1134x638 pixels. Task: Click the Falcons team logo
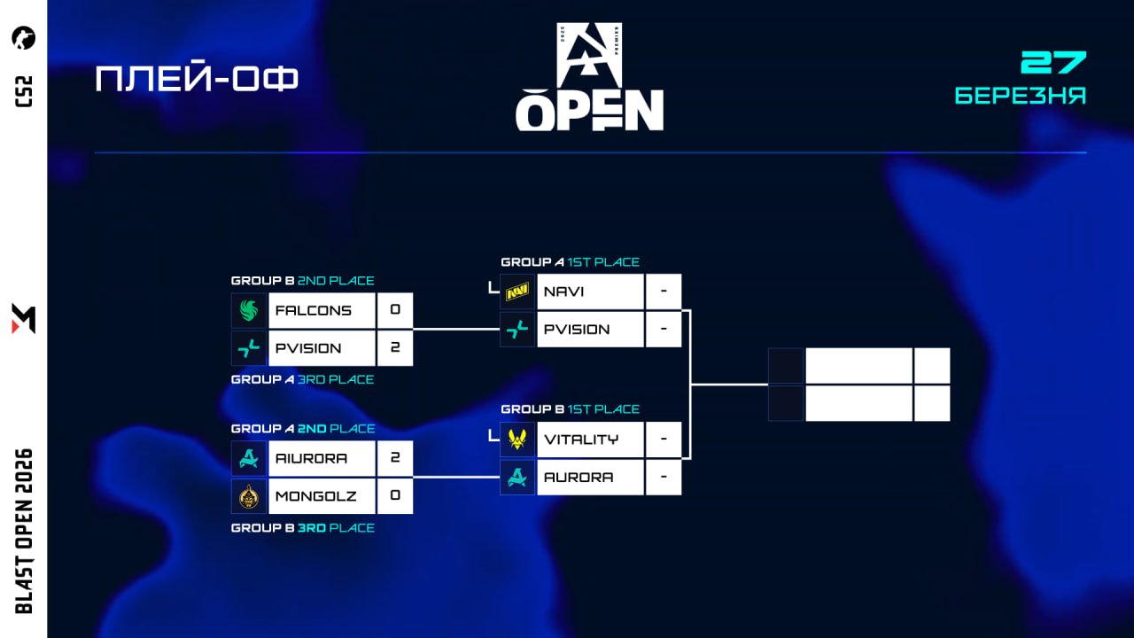click(x=249, y=311)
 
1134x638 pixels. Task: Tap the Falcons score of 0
click(x=395, y=311)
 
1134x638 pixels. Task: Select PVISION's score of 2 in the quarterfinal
click(x=395, y=348)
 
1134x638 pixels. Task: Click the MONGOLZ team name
click(x=316, y=496)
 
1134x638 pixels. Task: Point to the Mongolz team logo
click(x=249, y=496)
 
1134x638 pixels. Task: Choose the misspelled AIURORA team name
click(x=312, y=459)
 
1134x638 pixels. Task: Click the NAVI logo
click(x=517, y=292)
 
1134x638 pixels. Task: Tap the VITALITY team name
click(x=581, y=440)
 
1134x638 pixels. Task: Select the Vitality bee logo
click(x=517, y=440)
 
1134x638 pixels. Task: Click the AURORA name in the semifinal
click(x=579, y=478)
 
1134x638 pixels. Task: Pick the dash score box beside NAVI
click(x=664, y=292)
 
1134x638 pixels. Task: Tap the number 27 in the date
click(x=1053, y=63)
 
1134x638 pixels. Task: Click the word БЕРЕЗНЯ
click(x=1021, y=96)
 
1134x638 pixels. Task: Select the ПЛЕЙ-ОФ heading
click(x=197, y=79)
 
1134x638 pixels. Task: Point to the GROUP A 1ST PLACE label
click(x=570, y=262)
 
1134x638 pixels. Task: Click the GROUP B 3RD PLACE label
click(x=303, y=528)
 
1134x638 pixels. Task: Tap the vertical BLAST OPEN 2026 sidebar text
click(x=24, y=531)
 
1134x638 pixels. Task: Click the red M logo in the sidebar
click(x=24, y=318)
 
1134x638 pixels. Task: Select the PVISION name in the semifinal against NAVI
click(x=577, y=330)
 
